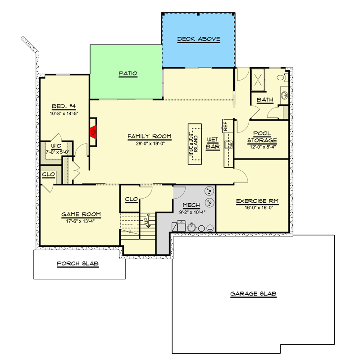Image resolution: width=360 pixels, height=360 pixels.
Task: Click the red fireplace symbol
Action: (93, 132)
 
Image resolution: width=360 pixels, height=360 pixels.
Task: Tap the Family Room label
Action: (150, 136)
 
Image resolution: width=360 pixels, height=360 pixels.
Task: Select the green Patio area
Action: (128, 73)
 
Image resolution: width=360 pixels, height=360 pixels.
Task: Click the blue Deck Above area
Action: (198, 39)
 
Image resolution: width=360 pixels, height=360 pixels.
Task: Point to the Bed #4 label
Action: (64, 106)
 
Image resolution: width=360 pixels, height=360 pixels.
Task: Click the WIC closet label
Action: (56, 146)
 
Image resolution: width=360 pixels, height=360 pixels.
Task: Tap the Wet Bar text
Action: (213, 143)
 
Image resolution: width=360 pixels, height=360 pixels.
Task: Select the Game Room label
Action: (81, 214)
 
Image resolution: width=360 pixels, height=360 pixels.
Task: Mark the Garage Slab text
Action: (253, 294)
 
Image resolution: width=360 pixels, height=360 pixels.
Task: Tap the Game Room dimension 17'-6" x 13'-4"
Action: (81, 221)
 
